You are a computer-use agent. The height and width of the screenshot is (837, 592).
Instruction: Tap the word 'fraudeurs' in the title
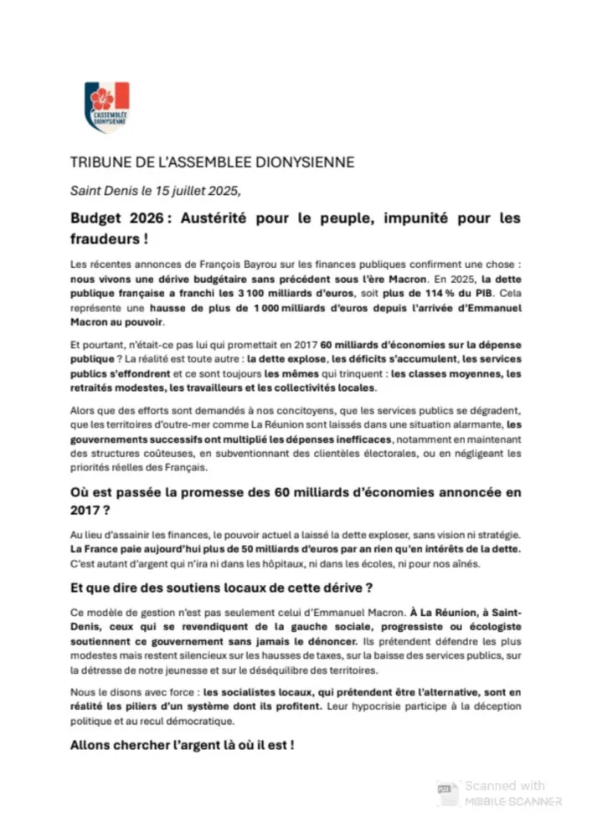(x=102, y=238)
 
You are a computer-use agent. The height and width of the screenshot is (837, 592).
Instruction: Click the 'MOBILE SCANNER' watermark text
(x=512, y=801)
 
